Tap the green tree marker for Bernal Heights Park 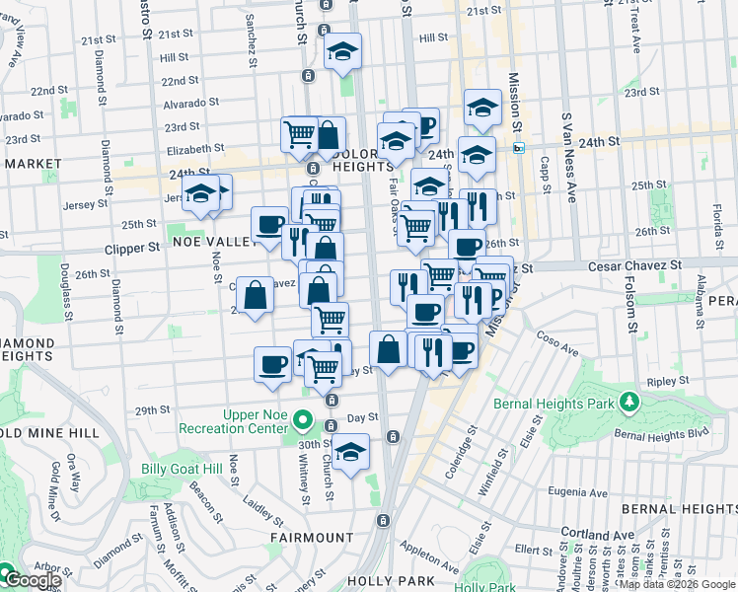[x=628, y=402]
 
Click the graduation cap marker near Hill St [x=342, y=51]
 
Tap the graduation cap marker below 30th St [x=349, y=452]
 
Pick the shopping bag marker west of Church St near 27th [x=255, y=293]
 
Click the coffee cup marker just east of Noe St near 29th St [x=273, y=364]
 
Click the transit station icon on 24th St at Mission [x=519, y=148]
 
